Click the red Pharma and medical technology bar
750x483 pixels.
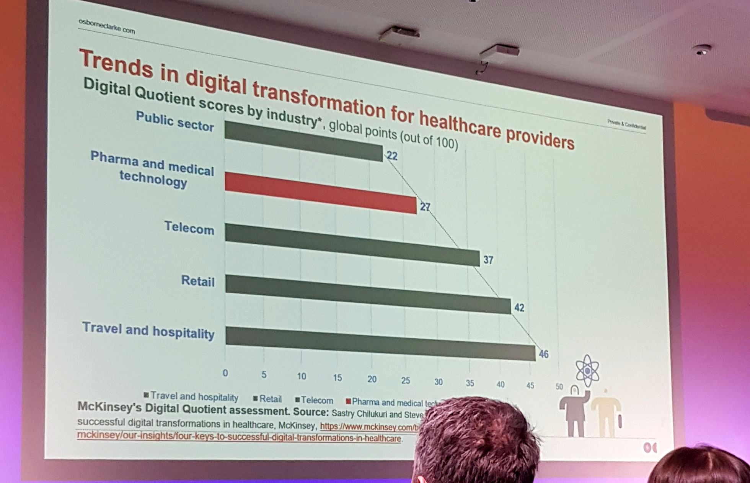click(x=321, y=192)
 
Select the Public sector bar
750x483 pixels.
click(x=303, y=141)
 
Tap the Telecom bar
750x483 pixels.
click(x=352, y=244)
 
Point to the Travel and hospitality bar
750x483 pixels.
click(x=380, y=344)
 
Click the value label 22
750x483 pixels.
click(x=392, y=156)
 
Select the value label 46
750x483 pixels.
click(x=543, y=354)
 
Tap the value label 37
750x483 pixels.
click(x=488, y=260)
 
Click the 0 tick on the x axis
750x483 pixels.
click(x=225, y=373)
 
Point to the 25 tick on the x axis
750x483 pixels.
click(x=405, y=381)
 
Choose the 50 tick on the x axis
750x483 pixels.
click(x=559, y=386)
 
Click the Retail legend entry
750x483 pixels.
click(x=268, y=399)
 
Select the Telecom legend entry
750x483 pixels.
click(x=315, y=400)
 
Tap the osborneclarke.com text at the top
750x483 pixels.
click(x=107, y=26)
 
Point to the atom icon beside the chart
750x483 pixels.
click(x=587, y=370)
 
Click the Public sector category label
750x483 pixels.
click(x=174, y=121)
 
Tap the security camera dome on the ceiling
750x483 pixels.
click(x=702, y=50)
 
